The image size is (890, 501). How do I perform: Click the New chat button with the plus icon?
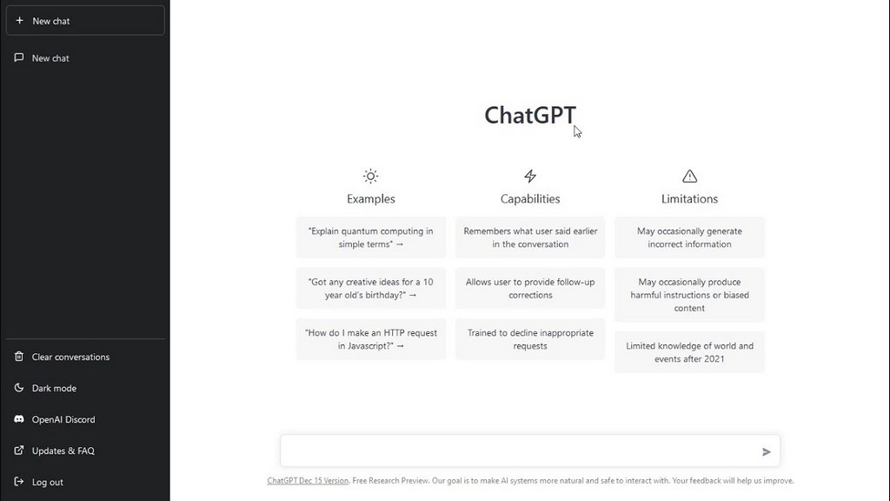point(85,21)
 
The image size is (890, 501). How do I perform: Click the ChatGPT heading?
point(529,116)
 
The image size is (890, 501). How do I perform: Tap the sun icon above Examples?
point(370,176)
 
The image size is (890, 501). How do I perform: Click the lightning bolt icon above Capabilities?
point(530,176)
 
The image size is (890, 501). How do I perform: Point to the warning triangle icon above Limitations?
point(689,176)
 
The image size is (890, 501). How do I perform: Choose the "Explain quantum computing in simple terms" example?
point(370,237)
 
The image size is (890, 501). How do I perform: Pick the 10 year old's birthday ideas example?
point(370,289)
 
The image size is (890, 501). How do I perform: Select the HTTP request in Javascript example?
point(370,339)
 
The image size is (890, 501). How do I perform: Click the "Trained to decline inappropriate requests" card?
point(530,339)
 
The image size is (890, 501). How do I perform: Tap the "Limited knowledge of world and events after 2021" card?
point(689,352)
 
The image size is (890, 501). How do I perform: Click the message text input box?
point(520,451)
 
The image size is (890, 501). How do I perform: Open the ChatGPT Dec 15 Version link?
point(308,480)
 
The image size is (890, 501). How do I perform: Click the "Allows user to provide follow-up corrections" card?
point(530,289)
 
